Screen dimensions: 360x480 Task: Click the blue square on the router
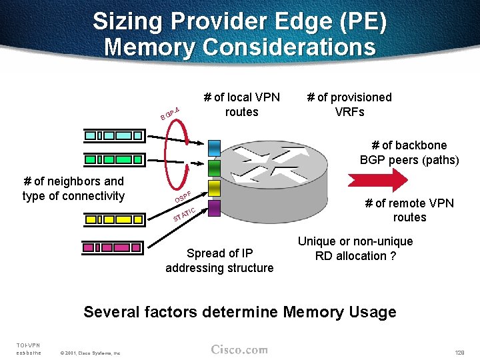point(214,146)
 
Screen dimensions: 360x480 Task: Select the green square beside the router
point(214,167)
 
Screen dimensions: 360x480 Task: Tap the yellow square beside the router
point(214,187)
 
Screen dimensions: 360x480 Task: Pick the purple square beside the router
point(214,208)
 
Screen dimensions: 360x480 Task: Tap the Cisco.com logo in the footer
point(239,349)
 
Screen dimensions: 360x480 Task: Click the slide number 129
point(459,351)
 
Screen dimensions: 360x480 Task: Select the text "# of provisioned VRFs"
point(349,104)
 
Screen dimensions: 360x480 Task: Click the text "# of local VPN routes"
point(241,104)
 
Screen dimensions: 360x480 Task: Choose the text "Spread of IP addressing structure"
point(219,261)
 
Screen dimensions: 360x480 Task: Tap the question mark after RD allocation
point(393,256)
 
